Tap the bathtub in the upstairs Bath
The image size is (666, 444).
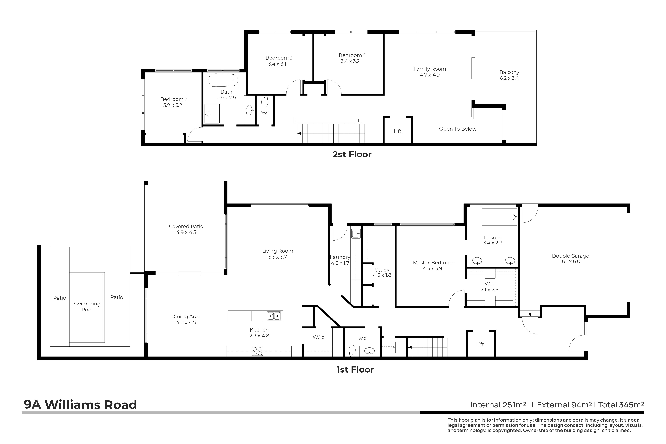click(x=223, y=80)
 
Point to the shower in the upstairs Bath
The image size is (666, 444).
click(x=212, y=114)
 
